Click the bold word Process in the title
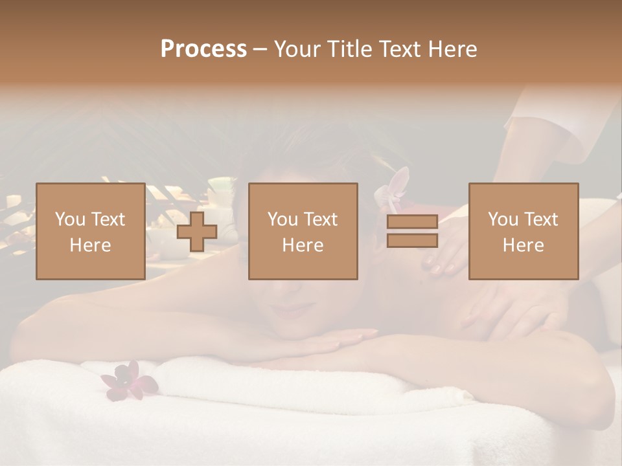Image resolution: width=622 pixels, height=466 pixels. point(203,49)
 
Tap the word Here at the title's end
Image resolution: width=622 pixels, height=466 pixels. point(453,49)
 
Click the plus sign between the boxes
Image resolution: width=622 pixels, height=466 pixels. point(197,231)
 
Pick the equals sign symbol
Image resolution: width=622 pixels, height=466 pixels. point(412,231)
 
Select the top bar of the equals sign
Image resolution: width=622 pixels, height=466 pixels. point(412,222)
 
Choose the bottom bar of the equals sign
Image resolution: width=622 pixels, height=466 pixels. point(412,241)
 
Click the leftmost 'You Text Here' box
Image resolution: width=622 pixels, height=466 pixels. point(91,231)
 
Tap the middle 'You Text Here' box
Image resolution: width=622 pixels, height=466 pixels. point(303,231)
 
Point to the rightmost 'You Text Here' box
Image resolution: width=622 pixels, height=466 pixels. point(524,231)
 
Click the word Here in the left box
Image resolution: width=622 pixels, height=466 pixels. point(91,245)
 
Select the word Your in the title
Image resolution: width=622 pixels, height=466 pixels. point(297,49)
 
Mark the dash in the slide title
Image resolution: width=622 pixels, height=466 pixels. point(260,49)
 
